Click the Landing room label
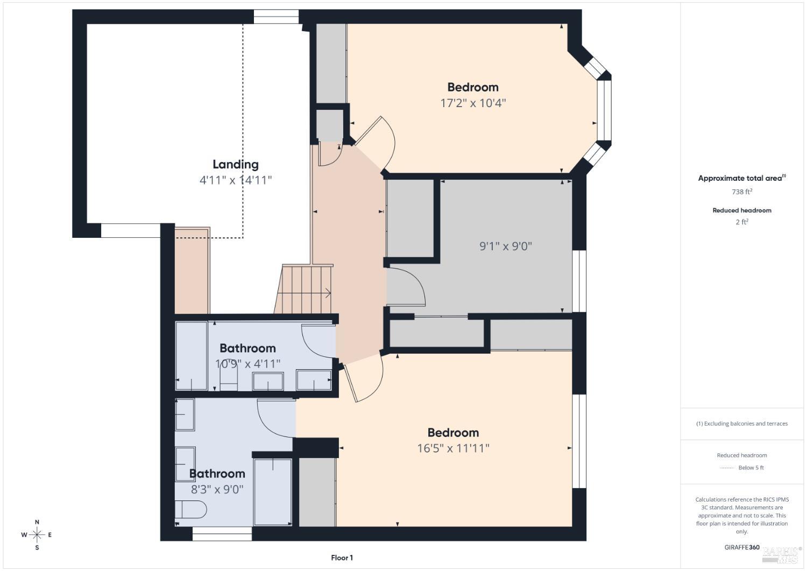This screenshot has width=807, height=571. (235, 165)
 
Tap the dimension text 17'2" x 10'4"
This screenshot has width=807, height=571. (473, 103)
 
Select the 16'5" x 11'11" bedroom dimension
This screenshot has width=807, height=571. (453, 448)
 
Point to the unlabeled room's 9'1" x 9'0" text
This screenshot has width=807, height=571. (505, 246)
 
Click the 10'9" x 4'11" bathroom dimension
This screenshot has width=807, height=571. (247, 364)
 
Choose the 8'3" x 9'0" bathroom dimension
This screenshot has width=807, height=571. (217, 489)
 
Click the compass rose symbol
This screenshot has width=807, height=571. (37, 535)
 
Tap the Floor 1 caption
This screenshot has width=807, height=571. (342, 558)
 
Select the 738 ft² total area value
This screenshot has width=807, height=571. (741, 192)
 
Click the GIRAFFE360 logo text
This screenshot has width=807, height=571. (742, 547)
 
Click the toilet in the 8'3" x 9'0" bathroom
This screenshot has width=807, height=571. (190, 509)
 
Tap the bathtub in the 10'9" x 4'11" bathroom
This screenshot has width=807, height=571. (192, 356)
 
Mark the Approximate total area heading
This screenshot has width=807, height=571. (741, 178)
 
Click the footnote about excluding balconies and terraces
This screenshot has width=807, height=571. (741, 424)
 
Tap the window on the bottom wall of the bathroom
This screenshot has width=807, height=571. (222, 534)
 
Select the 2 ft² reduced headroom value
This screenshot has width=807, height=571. (741, 222)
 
